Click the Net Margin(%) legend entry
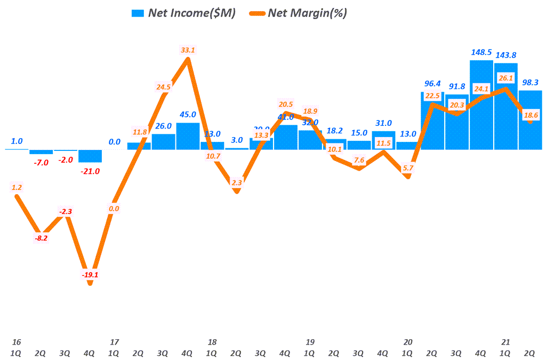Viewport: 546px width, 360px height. pos(299,13)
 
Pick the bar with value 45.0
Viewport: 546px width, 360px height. pos(188,136)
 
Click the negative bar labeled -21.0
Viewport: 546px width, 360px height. pos(90,156)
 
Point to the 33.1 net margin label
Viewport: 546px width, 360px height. pos(188,51)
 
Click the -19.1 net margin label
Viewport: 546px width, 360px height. pos(90,275)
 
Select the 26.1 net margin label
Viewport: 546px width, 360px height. pos(505,78)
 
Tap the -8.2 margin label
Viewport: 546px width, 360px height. pos(41,239)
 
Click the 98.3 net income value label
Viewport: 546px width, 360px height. pos(530,82)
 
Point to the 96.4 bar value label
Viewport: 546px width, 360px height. pos(432,83)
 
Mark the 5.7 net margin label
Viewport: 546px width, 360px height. pos(407,168)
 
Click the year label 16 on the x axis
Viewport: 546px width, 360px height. pos(17,342)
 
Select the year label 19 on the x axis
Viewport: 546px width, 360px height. pos(310,342)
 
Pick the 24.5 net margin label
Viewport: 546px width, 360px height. pos(163,87)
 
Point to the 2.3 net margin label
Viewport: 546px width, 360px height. pos(237,183)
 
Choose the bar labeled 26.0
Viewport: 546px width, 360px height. pos(163,141)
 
